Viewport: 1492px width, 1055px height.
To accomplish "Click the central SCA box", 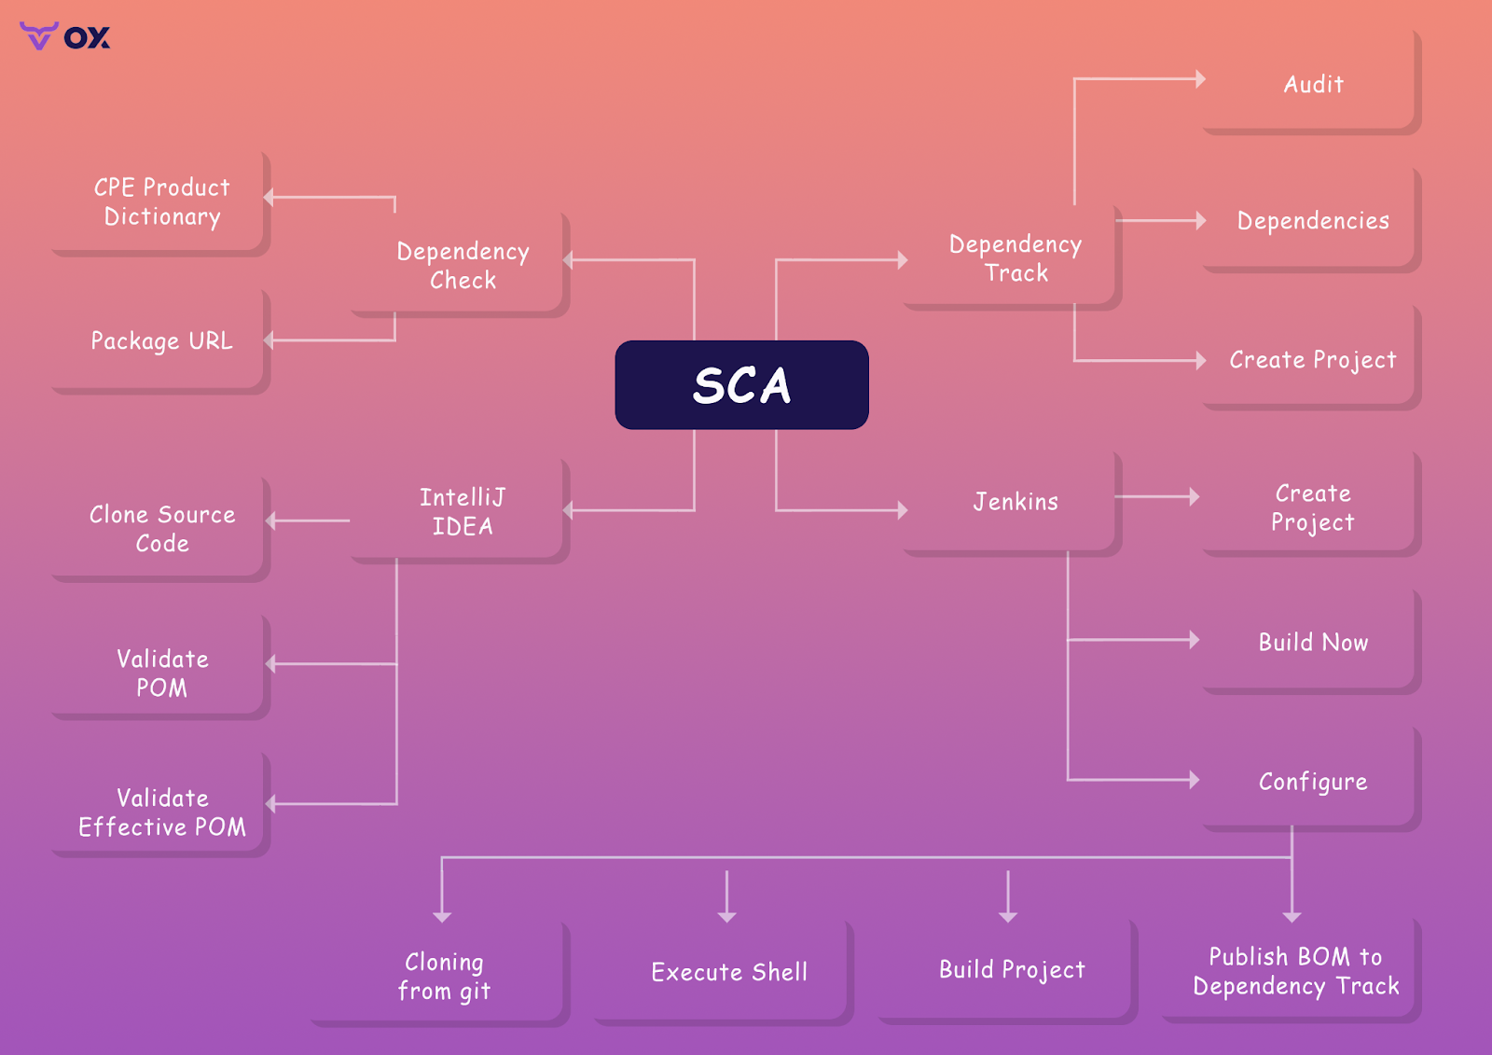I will click(741, 384).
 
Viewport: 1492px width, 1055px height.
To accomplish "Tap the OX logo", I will click(65, 36).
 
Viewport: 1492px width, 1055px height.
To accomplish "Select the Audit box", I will click(1312, 84).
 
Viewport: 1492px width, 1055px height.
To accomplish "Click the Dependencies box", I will click(1312, 221).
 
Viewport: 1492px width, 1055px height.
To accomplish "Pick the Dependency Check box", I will click(462, 265).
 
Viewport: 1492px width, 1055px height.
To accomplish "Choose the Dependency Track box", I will click(1015, 258).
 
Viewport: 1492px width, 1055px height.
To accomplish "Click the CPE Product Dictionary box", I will click(161, 201).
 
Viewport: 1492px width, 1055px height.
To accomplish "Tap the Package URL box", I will click(161, 340).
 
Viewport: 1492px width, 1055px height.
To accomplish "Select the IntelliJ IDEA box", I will click(462, 511).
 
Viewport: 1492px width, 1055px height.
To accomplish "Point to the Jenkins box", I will click(1015, 502).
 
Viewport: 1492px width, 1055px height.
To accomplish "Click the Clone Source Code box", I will click(161, 528).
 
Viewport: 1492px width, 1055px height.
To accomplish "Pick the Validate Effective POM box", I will click(161, 812).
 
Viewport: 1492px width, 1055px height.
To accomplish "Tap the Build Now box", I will click(1312, 642).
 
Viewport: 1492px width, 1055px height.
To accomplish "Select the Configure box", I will click(1312, 781).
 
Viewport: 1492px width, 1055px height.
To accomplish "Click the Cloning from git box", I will click(444, 976).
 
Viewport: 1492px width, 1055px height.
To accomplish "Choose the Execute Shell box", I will click(728, 972).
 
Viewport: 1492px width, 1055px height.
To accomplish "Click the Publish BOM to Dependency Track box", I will click(1295, 971).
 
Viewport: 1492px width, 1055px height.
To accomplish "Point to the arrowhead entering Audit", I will click(1201, 79).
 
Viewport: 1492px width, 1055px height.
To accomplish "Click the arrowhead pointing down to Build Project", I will click(1008, 917).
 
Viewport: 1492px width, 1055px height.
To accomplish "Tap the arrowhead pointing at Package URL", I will click(269, 340).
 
